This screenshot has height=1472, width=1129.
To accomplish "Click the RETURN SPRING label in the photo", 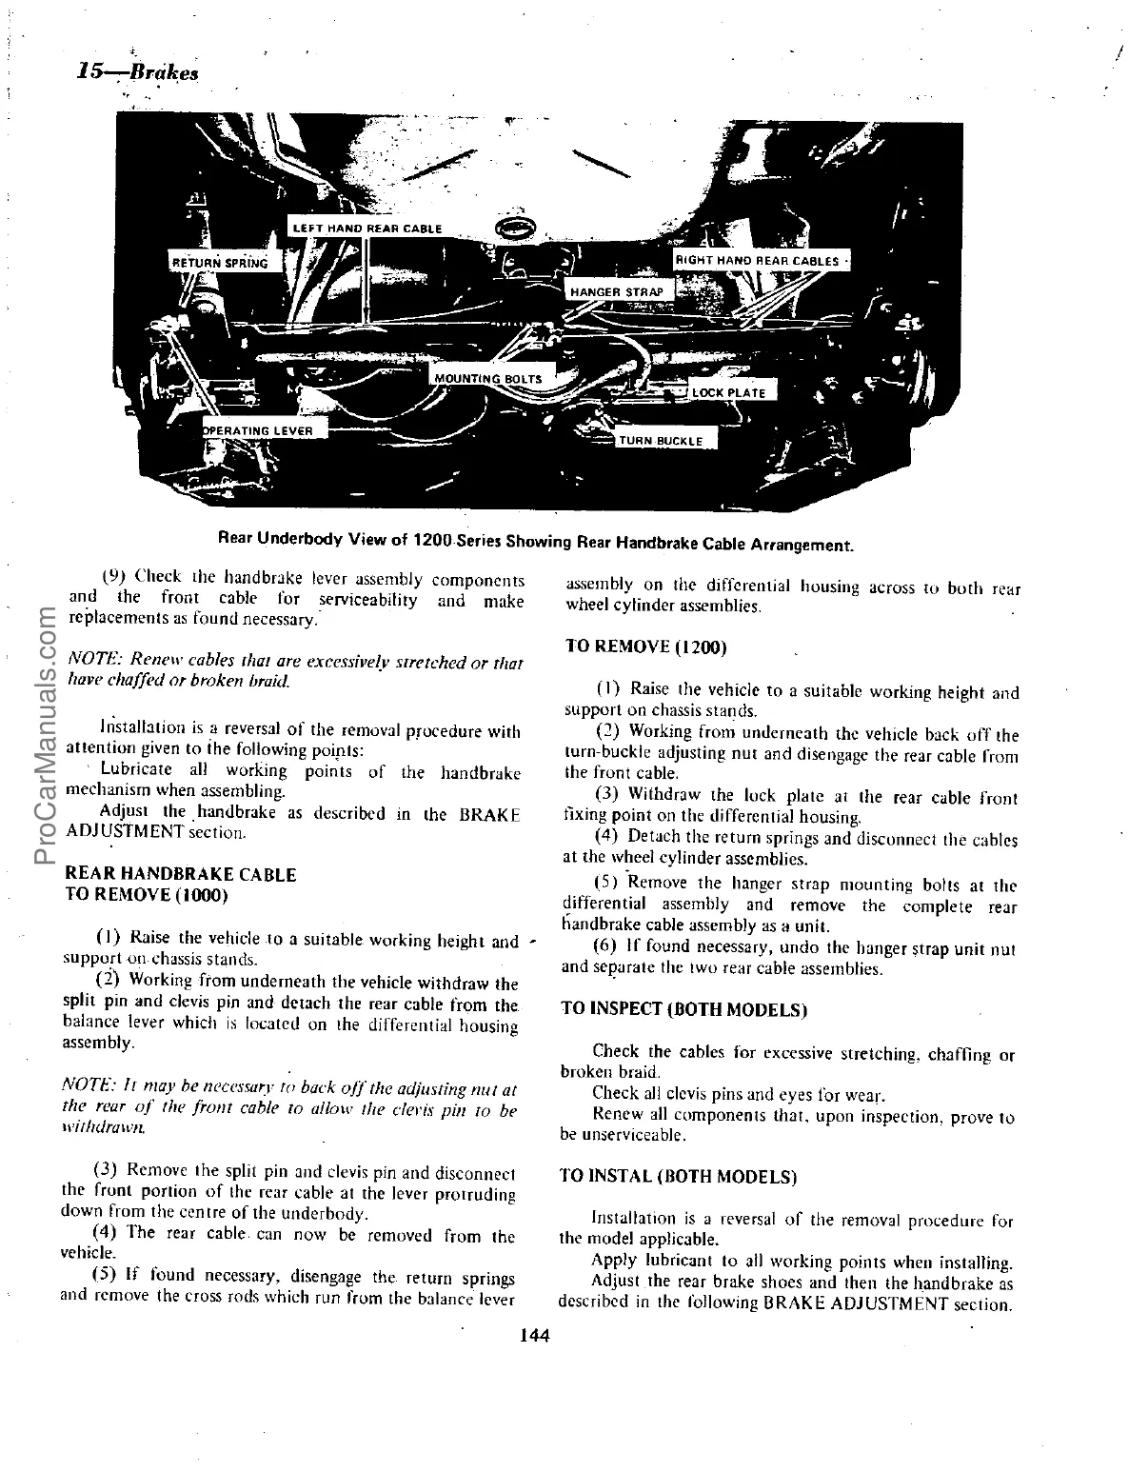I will click(220, 263).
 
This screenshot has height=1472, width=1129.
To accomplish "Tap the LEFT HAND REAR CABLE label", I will click(366, 229).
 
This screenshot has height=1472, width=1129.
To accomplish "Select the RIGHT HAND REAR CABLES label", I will click(757, 261).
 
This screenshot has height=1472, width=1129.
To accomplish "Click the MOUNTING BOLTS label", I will click(487, 379).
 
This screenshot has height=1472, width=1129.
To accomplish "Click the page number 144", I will click(535, 1336).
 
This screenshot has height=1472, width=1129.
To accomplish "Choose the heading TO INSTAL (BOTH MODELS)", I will click(679, 1177).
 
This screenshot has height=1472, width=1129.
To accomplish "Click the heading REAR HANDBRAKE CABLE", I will click(179, 874).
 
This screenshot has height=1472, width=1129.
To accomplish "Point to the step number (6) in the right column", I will click(606, 947).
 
